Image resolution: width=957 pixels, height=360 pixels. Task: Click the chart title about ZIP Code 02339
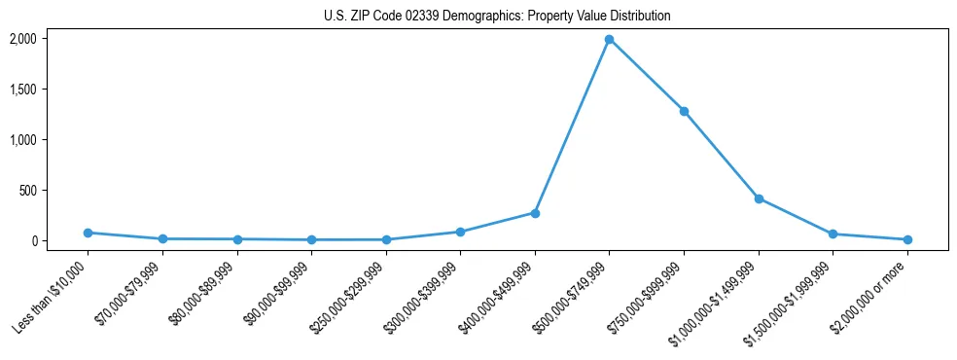click(x=497, y=17)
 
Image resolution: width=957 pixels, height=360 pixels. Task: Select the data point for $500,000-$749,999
click(x=609, y=40)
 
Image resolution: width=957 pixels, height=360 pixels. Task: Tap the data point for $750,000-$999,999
click(x=684, y=111)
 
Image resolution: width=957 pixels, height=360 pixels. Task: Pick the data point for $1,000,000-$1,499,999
click(x=759, y=198)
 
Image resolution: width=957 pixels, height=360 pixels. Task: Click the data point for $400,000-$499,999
click(x=535, y=213)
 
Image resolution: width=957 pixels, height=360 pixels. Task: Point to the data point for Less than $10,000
click(x=88, y=233)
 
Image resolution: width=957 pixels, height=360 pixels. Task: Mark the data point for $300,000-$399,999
click(x=460, y=232)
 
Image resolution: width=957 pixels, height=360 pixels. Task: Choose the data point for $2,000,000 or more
click(x=907, y=239)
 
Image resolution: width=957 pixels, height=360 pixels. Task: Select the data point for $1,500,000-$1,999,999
click(x=833, y=234)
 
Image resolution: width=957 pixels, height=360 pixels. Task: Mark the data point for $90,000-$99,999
click(x=311, y=239)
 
